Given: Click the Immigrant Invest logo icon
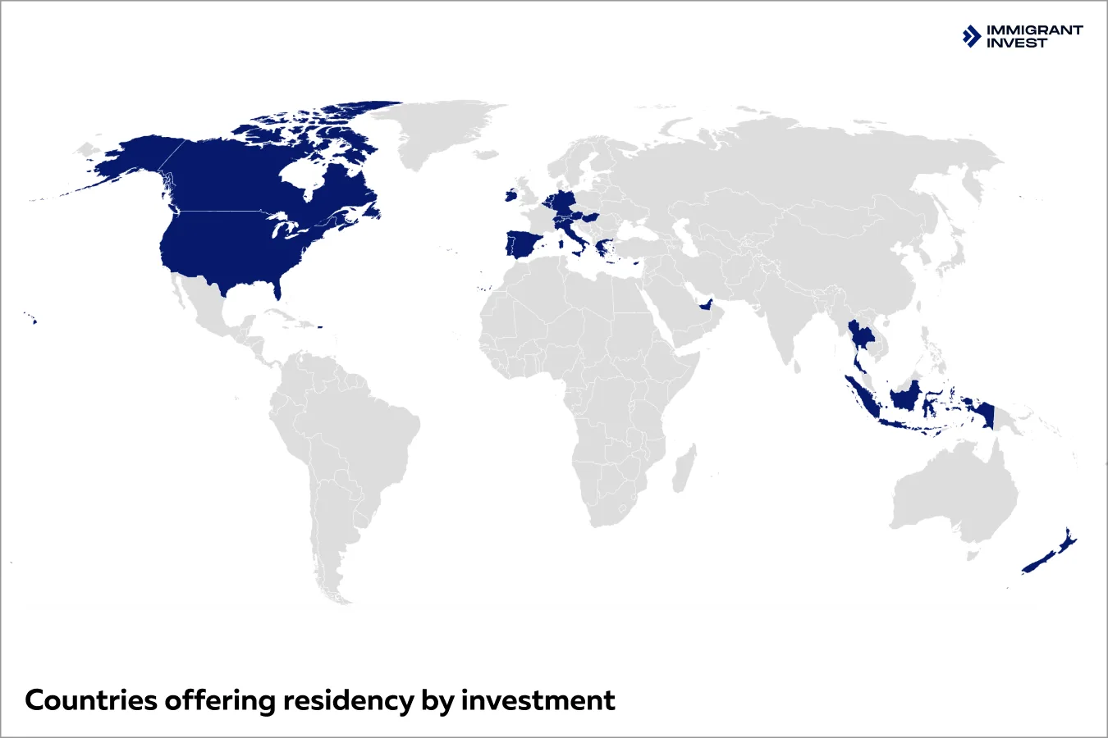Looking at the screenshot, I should click(x=972, y=36).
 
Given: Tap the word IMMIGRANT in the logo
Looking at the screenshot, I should click(x=1034, y=30).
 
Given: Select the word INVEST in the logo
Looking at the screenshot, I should click(x=1017, y=43).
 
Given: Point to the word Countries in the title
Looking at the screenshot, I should click(x=90, y=701).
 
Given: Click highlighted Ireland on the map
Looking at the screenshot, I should click(x=510, y=196).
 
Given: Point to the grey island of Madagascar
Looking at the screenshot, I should click(x=684, y=467).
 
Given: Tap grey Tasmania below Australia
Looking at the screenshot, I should click(x=973, y=555).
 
